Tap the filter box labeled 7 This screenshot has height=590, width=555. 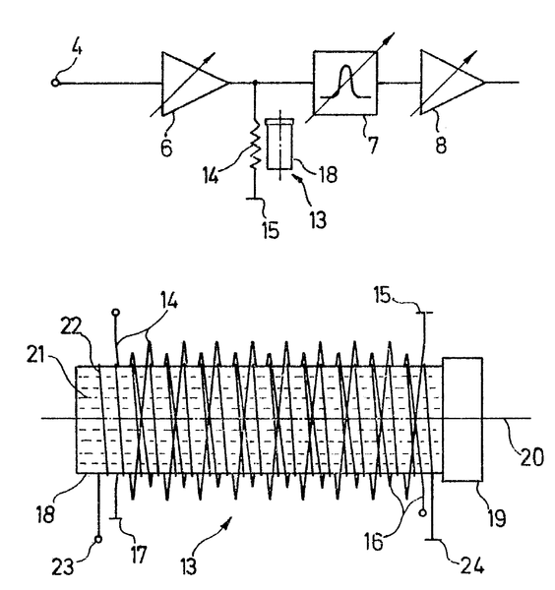(x=339, y=83)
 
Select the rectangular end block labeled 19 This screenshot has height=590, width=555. (x=462, y=420)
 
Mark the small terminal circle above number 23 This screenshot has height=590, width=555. (x=97, y=539)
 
